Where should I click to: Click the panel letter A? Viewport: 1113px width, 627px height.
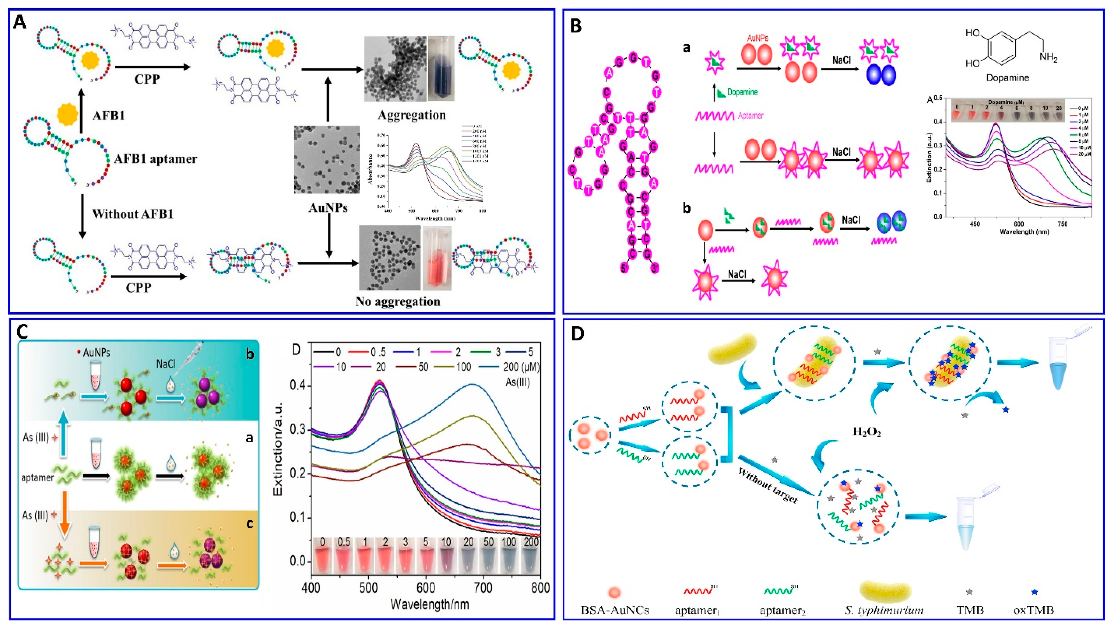[20, 22]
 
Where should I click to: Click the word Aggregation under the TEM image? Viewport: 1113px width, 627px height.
[411, 115]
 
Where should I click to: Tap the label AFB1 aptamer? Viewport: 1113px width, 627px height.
[156, 159]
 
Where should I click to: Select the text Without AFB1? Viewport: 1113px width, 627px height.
[133, 214]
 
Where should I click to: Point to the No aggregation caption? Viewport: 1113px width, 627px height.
[397, 301]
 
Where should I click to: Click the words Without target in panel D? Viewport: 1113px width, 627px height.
[768, 485]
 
